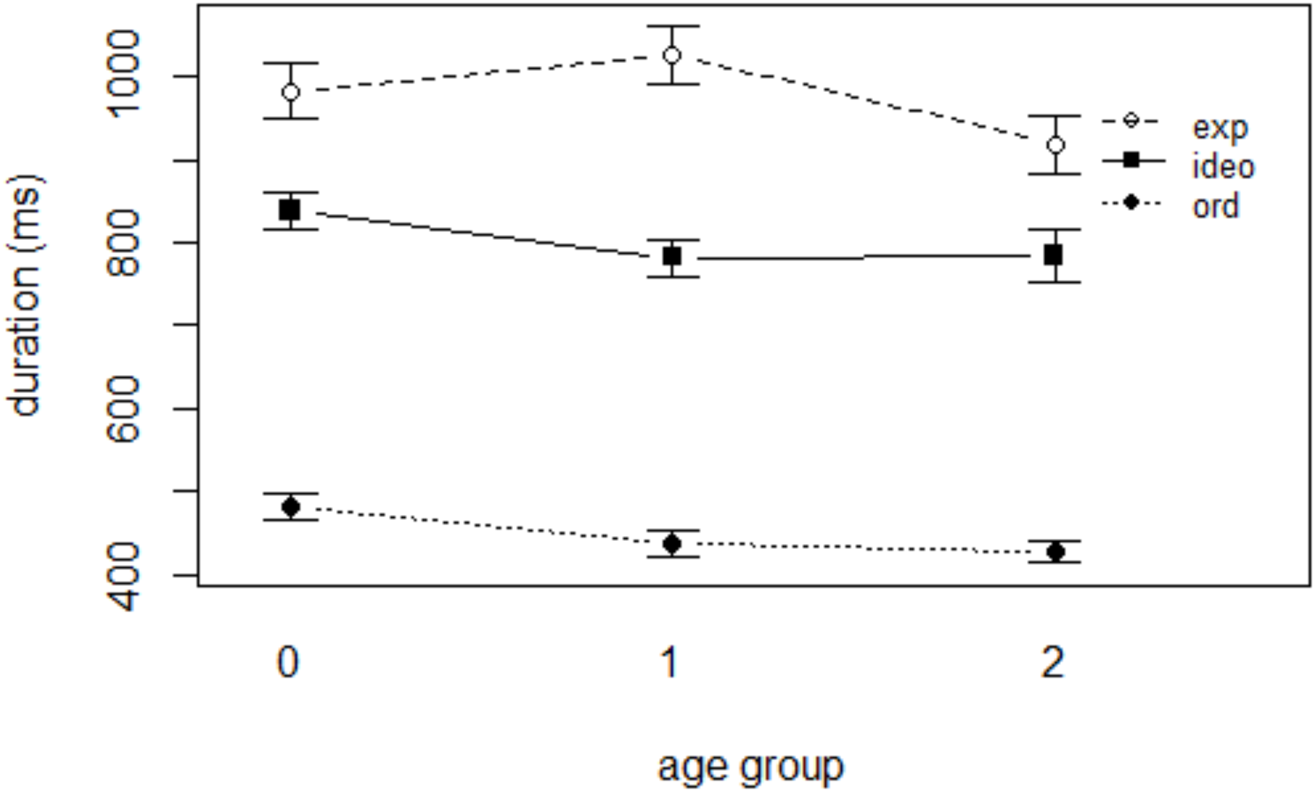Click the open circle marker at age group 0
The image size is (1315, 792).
coord(290,92)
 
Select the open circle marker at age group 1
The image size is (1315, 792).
coord(672,55)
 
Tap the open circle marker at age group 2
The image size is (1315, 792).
coord(1055,145)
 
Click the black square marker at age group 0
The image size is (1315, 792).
coord(290,210)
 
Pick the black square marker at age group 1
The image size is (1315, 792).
coord(672,256)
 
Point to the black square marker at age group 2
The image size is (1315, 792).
coord(1054,255)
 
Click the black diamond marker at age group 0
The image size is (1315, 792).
coord(291,506)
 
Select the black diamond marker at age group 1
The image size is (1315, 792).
coord(672,543)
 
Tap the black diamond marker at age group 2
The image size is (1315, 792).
coord(1055,551)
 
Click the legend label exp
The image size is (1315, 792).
coord(1220,128)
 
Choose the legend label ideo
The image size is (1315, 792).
coord(1223,167)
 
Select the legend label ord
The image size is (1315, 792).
coord(1216,207)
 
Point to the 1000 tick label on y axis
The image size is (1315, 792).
coord(123,73)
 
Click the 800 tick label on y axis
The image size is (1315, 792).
coord(123,243)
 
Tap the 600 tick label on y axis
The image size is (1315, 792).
coord(123,409)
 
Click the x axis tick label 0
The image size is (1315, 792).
coord(288,662)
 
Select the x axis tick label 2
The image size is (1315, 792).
coord(1053,662)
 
